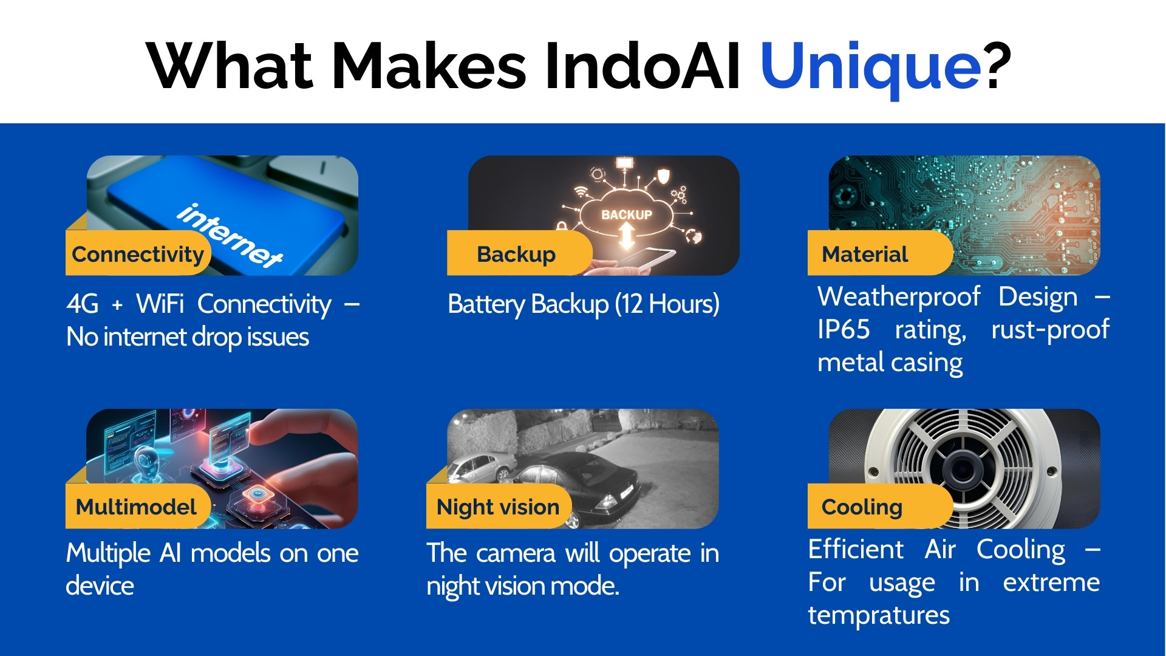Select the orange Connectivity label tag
(138, 253)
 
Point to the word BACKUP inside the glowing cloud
(627, 214)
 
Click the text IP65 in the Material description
(844, 329)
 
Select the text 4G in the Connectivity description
(83, 304)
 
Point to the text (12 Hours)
(667, 304)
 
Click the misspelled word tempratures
(879, 616)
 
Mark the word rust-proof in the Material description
(1051, 330)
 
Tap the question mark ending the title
(998, 66)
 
